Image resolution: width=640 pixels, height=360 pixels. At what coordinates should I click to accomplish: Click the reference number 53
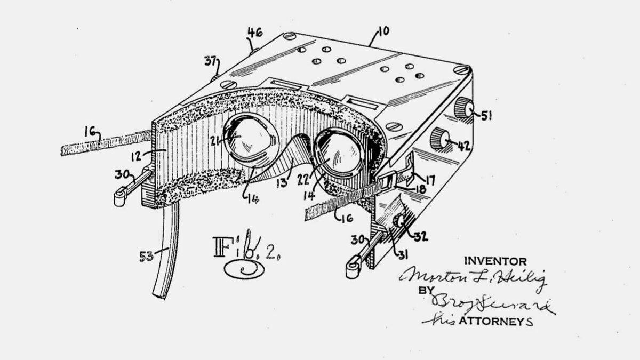coord(146,257)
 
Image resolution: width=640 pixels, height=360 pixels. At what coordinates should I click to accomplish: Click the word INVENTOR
coord(495,261)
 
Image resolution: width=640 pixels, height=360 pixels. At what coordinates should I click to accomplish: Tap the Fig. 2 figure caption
coord(245,255)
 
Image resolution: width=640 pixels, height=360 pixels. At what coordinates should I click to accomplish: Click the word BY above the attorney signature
coord(425,291)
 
